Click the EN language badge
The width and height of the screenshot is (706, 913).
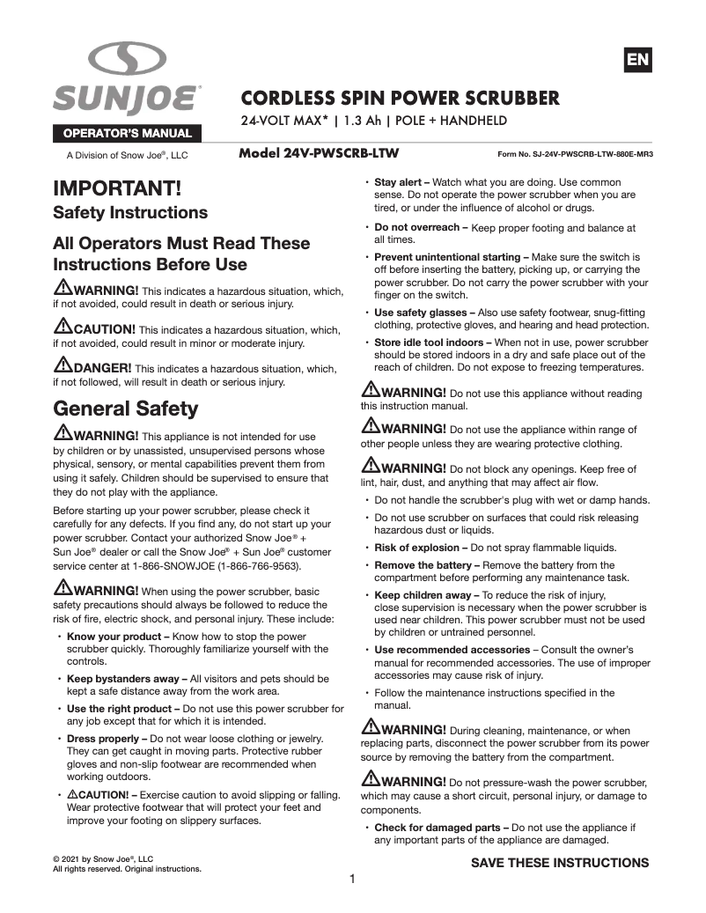click(637, 61)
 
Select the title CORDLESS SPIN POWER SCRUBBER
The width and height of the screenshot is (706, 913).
click(401, 97)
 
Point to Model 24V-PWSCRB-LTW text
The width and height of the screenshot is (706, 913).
click(319, 153)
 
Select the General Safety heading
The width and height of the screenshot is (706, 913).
click(126, 409)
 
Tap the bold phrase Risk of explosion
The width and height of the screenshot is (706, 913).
click(419, 548)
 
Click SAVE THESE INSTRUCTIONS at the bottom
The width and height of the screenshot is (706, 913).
click(560, 863)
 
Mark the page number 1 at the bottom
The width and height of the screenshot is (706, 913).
click(352, 879)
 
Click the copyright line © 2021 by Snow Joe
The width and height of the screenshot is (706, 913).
click(103, 858)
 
